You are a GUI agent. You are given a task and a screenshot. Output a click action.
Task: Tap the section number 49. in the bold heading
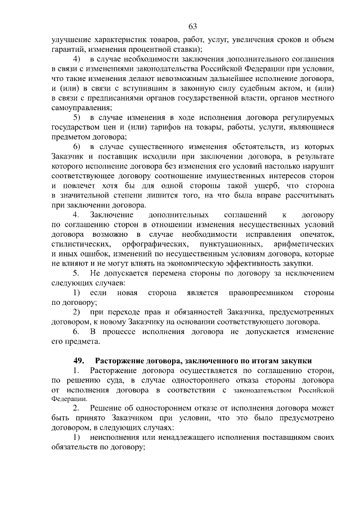(x=80, y=360)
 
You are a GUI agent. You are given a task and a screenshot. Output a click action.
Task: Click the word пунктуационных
(x=231, y=245)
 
